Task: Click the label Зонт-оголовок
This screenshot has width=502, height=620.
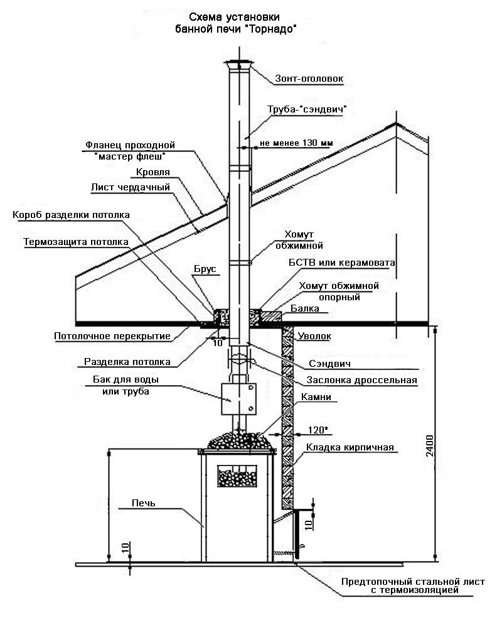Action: point(309,79)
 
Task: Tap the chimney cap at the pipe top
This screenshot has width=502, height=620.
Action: point(238,63)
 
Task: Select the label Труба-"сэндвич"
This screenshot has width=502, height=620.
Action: point(307,109)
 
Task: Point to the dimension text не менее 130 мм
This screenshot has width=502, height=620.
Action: point(296,143)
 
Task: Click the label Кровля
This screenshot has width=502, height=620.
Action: point(153,172)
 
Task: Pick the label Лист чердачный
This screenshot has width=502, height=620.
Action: point(131,187)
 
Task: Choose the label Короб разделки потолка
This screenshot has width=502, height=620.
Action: point(71,215)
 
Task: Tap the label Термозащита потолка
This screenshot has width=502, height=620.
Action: point(76,242)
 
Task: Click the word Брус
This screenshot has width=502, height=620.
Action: point(205,269)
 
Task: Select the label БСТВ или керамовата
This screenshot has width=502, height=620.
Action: point(341,263)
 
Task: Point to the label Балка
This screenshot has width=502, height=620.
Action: point(305,308)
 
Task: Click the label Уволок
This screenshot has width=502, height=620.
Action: point(314,335)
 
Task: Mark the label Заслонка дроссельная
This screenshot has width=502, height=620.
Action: point(362,380)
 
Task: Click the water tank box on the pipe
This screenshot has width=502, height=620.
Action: point(238,399)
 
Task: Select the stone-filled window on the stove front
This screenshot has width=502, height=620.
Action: point(237,476)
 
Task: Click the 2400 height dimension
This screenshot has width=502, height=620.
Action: point(430,445)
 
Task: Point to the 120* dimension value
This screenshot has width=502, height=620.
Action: point(318,430)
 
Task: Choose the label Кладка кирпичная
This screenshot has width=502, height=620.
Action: point(350,447)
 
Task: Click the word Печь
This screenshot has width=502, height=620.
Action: point(143,503)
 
